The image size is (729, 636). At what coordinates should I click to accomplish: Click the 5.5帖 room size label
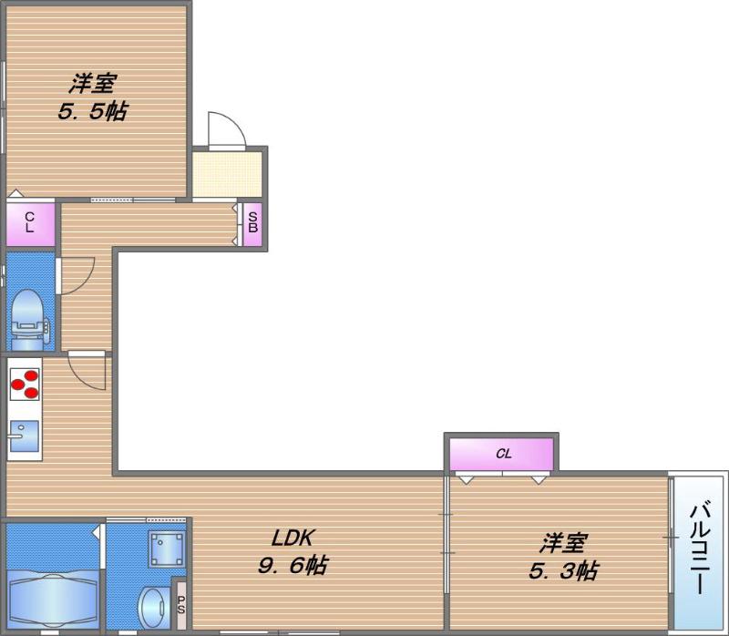93,111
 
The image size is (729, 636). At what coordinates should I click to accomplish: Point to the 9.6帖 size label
293,565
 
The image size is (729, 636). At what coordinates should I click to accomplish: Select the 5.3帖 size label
563,571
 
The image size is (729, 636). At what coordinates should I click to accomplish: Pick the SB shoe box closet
252,224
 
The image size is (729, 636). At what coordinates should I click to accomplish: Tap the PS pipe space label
180,604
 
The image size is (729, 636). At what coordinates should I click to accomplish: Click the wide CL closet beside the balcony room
501,454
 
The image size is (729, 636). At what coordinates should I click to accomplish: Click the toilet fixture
29,320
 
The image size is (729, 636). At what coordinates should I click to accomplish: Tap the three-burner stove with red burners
25,384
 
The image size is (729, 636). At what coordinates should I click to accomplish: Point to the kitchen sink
24,436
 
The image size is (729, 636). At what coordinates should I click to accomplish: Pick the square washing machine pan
167,549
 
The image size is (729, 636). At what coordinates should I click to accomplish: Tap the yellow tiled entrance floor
227,174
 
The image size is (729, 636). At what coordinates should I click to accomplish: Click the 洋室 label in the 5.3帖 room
563,542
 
